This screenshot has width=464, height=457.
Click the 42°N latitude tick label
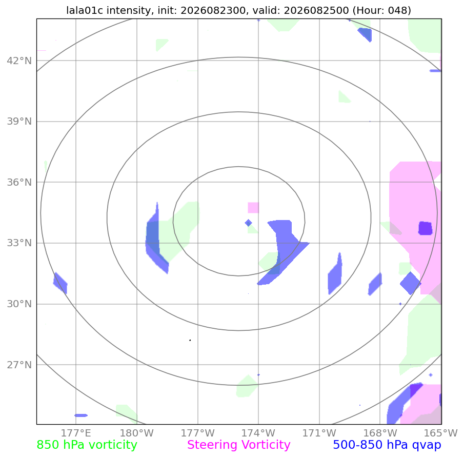19,61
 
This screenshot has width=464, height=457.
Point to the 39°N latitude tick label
19,122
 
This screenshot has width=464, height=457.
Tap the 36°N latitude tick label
19,182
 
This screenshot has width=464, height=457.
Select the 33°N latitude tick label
19,243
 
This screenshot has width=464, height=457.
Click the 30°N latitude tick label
19,304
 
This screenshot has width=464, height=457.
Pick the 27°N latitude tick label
19,365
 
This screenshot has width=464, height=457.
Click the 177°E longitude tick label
76,433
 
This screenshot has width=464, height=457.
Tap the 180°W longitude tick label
137,433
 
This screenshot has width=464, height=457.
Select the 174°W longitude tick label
258,433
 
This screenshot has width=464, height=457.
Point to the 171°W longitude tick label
319,433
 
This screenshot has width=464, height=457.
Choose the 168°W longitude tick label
380,433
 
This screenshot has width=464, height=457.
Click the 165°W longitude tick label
441,433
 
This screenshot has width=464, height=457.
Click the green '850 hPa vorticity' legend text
87,445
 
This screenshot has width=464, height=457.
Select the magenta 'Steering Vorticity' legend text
239,445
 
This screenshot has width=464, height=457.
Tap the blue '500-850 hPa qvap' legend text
387,445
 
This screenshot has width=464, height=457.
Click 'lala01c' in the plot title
85,10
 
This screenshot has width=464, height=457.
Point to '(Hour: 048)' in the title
382,10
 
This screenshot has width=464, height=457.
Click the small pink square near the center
253,208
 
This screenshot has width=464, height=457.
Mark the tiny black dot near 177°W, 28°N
190,341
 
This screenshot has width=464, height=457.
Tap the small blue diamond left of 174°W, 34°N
249,223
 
